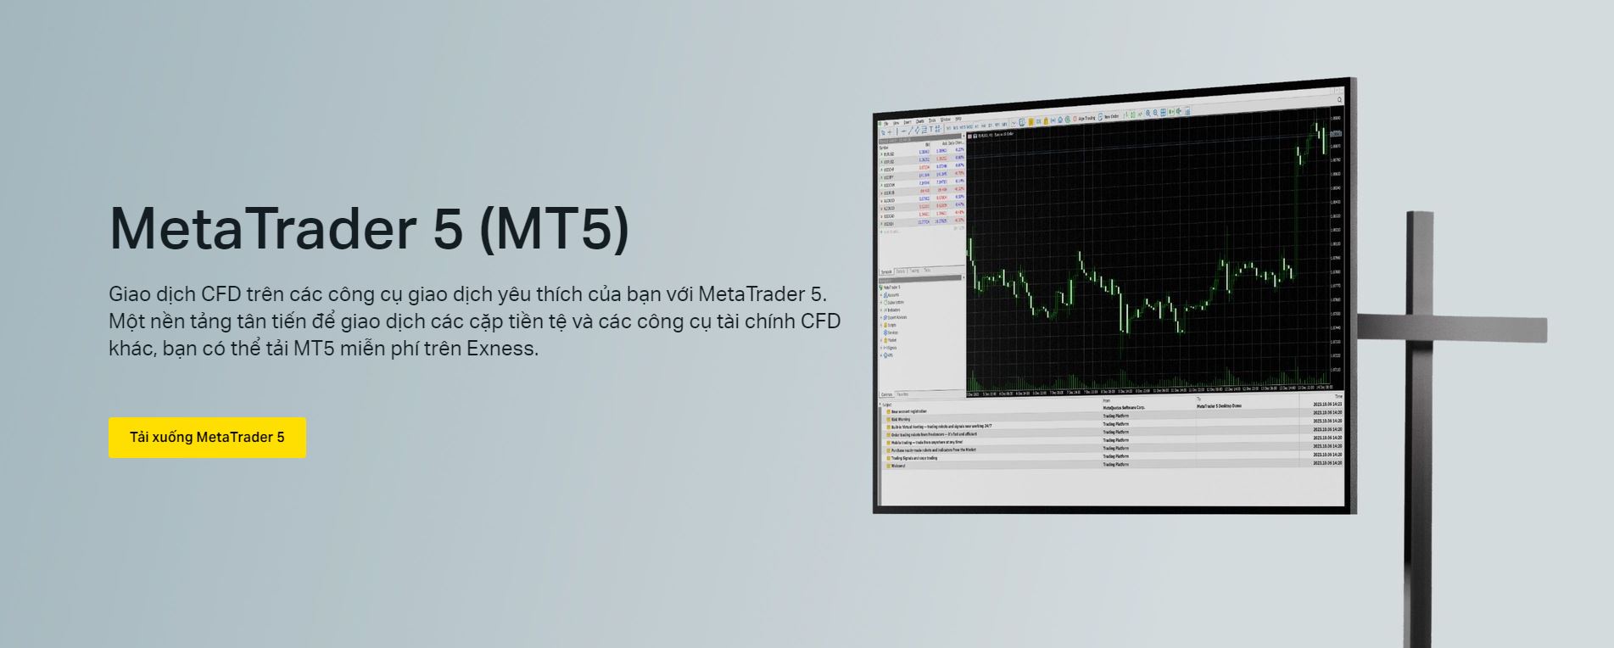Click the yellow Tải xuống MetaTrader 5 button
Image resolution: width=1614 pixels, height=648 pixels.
coord(207,438)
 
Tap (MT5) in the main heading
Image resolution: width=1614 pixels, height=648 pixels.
coord(555,229)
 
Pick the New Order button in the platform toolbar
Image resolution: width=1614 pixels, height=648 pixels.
coord(1111,116)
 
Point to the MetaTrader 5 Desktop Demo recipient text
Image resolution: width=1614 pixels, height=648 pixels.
coord(1219,406)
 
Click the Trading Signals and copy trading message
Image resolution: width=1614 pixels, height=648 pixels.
coord(913,458)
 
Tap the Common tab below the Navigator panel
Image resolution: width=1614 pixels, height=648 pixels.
coord(886,394)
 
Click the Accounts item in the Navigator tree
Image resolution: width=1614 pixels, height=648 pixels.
coord(894,295)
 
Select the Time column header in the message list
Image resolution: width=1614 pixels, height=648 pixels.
coord(1338,397)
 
